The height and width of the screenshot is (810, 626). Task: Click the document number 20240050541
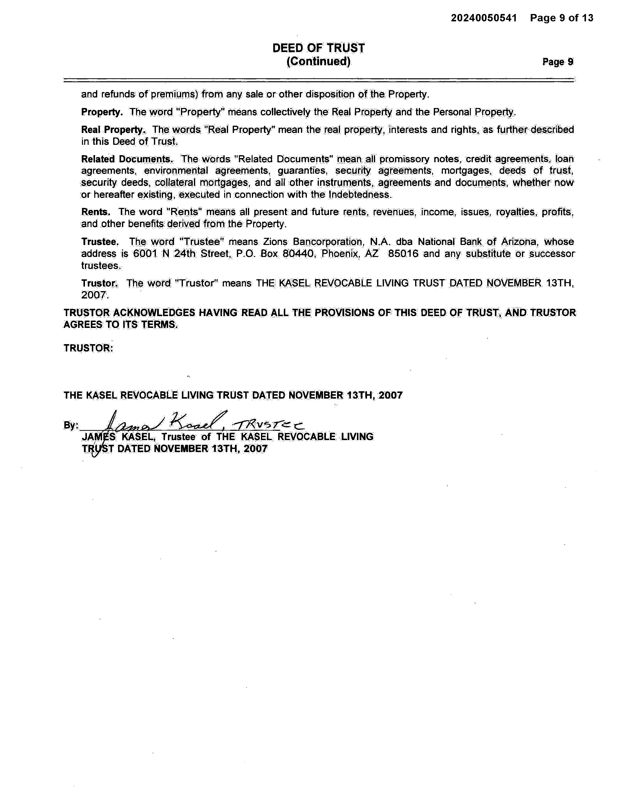click(x=484, y=18)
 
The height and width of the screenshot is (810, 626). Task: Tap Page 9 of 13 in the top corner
click(x=561, y=18)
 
